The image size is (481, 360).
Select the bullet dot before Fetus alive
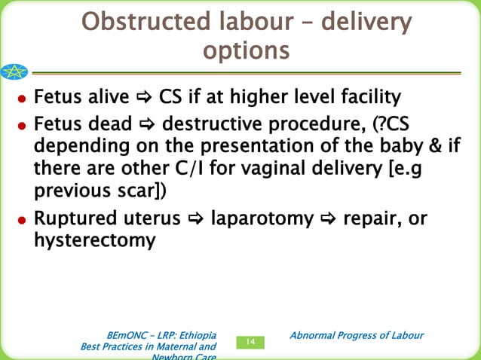coord(25,99)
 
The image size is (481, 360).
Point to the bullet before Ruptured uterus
coord(25,221)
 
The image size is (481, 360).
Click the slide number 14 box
coord(251,343)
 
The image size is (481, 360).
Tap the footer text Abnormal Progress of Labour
coord(357,335)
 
